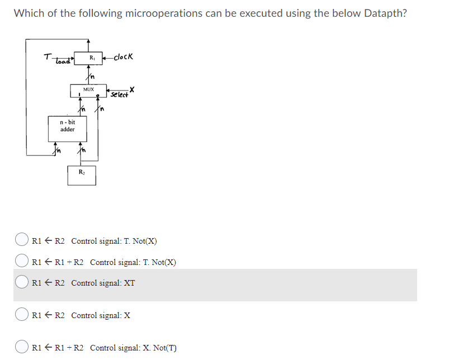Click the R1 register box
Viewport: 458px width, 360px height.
(92, 58)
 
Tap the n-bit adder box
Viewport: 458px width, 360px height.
(67, 126)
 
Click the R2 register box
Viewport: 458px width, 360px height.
(82, 174)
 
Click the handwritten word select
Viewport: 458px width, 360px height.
(119, 94)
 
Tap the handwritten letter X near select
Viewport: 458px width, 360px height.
(132, 89)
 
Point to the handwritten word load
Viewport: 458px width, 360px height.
(63, 60)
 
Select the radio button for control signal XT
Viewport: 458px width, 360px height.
(21, 282)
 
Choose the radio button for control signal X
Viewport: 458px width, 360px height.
(21, 315)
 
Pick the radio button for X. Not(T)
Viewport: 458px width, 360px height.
(21, 347)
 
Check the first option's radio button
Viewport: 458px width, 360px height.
(21, 241)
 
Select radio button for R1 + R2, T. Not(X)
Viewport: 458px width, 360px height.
(21, 261)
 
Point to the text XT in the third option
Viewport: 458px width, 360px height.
(129, 283)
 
